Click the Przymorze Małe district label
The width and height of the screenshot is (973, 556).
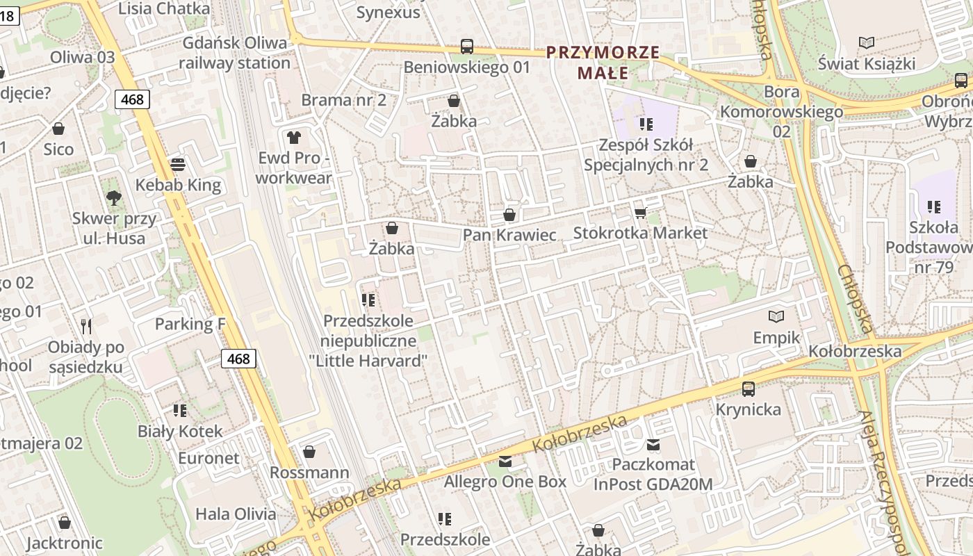tap(603, 62)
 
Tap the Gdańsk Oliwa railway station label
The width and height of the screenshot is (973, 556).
tap(234, 53)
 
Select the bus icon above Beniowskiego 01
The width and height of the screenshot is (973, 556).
tap(467, 47)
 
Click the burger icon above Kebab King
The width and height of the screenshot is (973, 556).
tap(178, 165)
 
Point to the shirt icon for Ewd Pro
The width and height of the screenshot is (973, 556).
tap(294, 137)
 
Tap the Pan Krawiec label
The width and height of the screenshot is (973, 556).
tap(509, 235)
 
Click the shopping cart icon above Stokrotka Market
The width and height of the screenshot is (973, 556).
tap(640, 212)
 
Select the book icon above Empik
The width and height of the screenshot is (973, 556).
tap(776, 317)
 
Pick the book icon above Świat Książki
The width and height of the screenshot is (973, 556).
tap(867, 43)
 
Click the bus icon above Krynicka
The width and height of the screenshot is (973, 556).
tap(749, 389)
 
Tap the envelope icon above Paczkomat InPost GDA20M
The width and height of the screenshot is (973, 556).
tap(653, 444)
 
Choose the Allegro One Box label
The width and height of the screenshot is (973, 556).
tap(505, 481)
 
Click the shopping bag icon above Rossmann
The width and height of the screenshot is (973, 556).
tap(309, 452)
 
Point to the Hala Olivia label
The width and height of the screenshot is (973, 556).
tap(236, 514)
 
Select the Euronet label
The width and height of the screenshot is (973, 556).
tap(208, 458)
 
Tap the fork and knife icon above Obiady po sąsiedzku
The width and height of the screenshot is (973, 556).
tap(86, 327)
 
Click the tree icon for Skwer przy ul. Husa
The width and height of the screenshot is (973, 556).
tap(114, 198)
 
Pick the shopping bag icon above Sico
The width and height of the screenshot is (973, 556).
tap(58, 129)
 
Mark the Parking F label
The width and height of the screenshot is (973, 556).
tap(190, 324)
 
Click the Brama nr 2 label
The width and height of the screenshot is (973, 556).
tap(343, 99)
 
